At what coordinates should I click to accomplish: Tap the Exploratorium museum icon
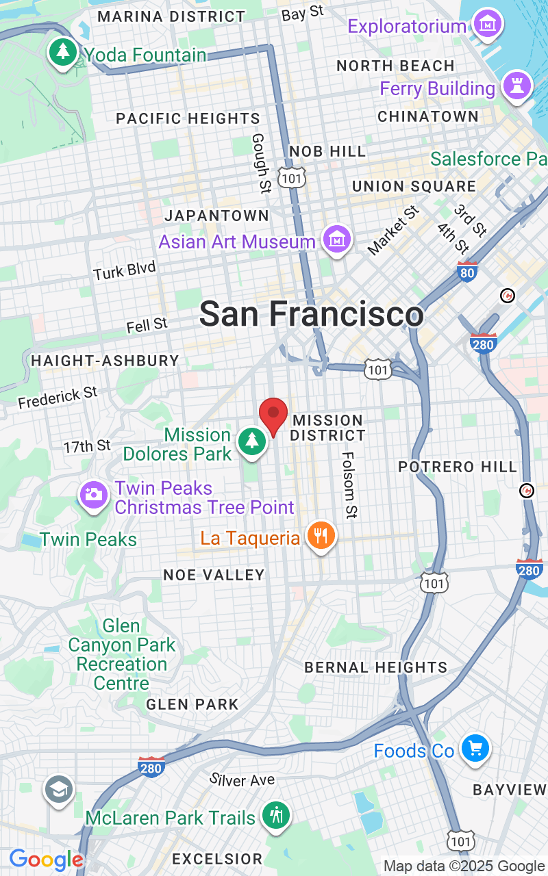pos(488,25)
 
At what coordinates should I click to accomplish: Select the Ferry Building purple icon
pos(516,86)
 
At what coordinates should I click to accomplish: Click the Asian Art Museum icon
pos(336,240)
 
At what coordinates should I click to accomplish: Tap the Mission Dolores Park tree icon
pos(252,441)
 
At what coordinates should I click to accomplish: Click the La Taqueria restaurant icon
pos(320,536)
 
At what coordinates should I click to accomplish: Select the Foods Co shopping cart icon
pos(474,749)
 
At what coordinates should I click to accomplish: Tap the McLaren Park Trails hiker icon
pos(275,815)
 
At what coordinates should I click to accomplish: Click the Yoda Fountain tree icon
pos(63,53)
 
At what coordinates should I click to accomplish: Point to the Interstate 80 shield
pos(467,272)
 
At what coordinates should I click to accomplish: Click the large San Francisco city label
pos(312,314)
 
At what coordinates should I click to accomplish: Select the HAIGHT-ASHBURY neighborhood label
pos(105,361)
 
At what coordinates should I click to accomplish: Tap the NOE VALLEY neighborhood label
pos(214,575)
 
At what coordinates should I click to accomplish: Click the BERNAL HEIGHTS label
pos(375,667)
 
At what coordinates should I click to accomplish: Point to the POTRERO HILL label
pos(458,467)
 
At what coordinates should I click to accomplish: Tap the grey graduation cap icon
pos(60,790)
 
